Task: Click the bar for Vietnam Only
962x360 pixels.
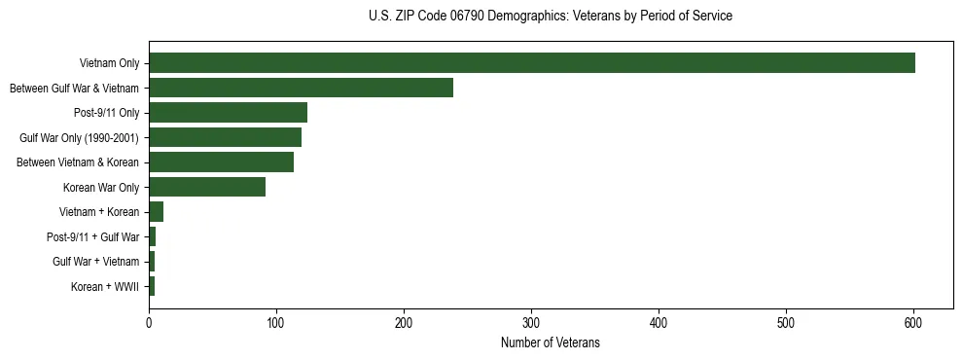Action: pyautogui.click(x=531, y=63)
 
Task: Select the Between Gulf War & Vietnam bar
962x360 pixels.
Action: pyautogui.click(x=301, y=88)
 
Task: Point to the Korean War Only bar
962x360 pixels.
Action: pyautogui.click(x=206, y=187)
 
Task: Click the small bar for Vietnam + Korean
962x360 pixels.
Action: pyautogui.click(x=156, y=211)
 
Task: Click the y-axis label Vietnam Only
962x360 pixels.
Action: pyautogui.click(x=109, y=64)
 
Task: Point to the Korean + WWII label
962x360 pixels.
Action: pyautogui.click(x=105, y=286)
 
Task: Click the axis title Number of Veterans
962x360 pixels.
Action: pyautogui.click(x=550, y=342)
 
